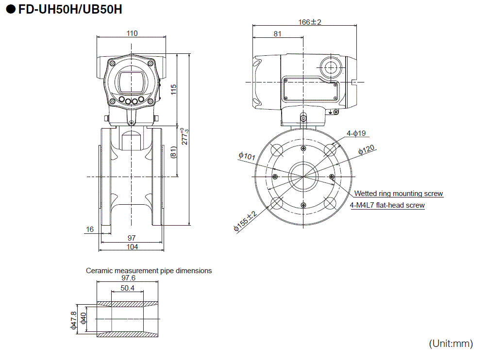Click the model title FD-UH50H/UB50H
(x=70, y=9)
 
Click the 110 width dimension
(x=132, y=33)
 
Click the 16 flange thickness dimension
(x=89, y=229)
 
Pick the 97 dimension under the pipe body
(x=132, y=238)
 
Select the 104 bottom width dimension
(x=132, y=247)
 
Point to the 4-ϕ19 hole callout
(x=356, y=133)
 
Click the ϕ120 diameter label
(x=367, y=150)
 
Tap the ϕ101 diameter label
(x=247, y=156)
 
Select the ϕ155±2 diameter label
(x=245, y=222)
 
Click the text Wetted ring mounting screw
(x=398, y=194)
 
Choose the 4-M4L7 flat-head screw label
(x=387, y=205)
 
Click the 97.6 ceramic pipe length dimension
(x=128, y=278)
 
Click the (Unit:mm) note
(x=451, y=344)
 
